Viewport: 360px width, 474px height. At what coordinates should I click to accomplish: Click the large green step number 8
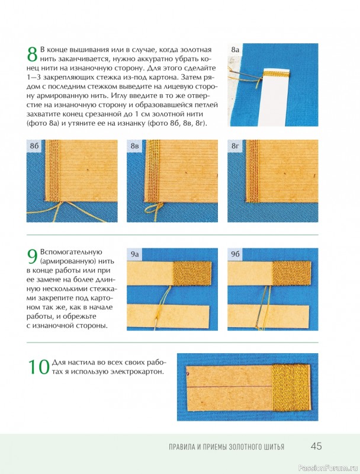point(33,55)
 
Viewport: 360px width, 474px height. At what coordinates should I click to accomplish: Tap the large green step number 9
point(33,257)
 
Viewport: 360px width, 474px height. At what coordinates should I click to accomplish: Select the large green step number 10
point(38,367)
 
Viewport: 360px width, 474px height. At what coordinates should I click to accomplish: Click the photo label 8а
point(235,49)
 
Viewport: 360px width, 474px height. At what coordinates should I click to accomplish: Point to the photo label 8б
point(34,146)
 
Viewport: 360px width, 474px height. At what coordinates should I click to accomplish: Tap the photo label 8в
point(134,146)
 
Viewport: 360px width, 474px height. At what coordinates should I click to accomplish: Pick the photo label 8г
point(235,146)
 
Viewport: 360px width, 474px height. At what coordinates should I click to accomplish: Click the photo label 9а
point(134,255)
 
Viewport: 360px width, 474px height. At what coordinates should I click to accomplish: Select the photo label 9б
point(235,255)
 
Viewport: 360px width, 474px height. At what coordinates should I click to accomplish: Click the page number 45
point(316,446)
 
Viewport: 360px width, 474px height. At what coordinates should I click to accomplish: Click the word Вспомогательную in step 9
point(71,252)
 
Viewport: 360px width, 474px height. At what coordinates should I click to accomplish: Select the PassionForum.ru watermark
point(327,468)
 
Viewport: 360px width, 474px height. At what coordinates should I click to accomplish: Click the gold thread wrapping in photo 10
point(291,387)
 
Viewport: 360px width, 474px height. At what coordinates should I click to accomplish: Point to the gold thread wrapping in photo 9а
point(192,274)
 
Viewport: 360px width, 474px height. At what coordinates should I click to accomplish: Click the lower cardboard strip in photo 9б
point(268,316)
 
